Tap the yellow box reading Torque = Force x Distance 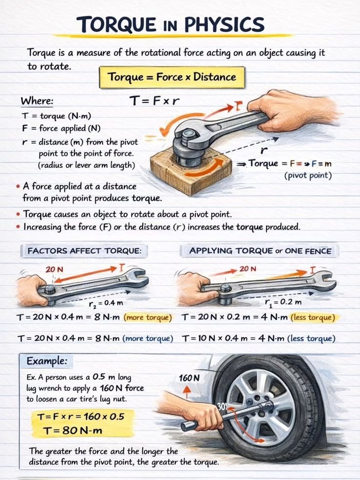(172, 77)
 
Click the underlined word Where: (37, 101)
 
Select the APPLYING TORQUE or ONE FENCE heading (260, 251)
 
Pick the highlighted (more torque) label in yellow (148, 318)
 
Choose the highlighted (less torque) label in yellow (313, 318)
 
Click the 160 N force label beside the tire (189, 378)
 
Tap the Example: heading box (46, 362)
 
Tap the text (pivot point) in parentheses (308, 175)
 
